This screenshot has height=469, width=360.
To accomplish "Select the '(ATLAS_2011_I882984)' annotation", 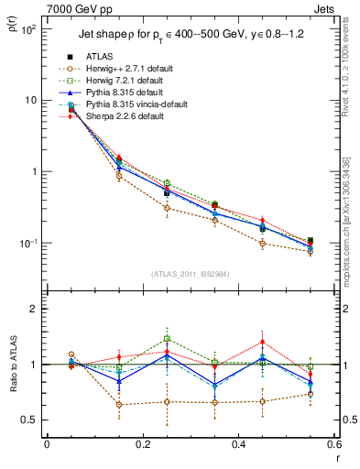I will coord(190,274).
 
